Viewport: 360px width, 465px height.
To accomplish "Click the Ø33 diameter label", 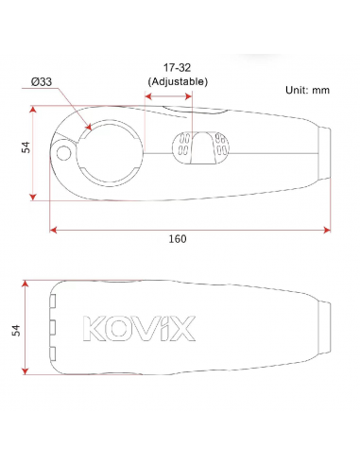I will click(41, 82).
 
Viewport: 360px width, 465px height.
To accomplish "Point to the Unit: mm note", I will click(307, 90).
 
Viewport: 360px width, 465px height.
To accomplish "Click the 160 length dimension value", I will click(177, 239).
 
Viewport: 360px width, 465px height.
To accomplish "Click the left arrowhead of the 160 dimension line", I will click(54, 228).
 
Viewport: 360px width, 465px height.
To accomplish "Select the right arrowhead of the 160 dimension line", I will click(328, 228).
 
